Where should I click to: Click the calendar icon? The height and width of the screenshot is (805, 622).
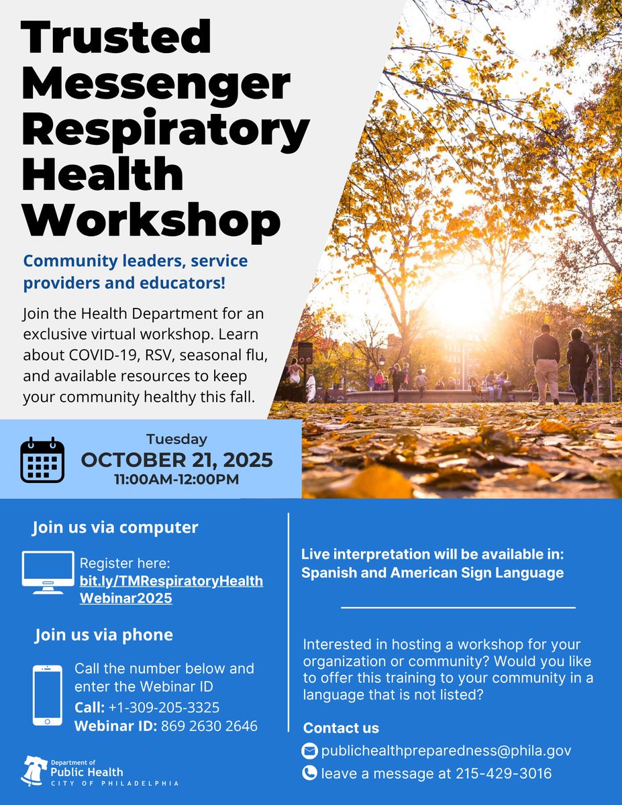(x=42, y=460)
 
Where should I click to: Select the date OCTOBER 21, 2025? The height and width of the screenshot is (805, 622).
(x=177, y=460)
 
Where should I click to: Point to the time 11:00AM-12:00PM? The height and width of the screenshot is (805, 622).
(x=177, y=480)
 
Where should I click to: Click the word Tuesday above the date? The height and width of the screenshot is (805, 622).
(x=177, y=440)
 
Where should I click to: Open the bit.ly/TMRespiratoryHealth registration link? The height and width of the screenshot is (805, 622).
(x=171, y=580)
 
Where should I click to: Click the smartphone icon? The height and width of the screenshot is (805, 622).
(x=48, y=695)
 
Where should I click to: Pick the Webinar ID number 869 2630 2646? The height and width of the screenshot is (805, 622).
(x=209, y=726)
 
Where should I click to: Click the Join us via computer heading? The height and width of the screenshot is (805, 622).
(x=115, y=527)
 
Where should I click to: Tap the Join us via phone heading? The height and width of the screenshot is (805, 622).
(x=104, y=635)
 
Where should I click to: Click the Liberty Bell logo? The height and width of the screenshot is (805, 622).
(x=34, y=770)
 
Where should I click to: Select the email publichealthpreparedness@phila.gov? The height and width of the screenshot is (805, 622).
(x=446, y=750)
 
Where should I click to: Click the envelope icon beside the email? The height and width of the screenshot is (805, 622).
(x=309, y=750)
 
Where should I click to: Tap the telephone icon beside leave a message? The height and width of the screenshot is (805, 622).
(x=309, y=773)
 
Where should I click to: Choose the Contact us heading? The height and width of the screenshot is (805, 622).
(x=341, y=728)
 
